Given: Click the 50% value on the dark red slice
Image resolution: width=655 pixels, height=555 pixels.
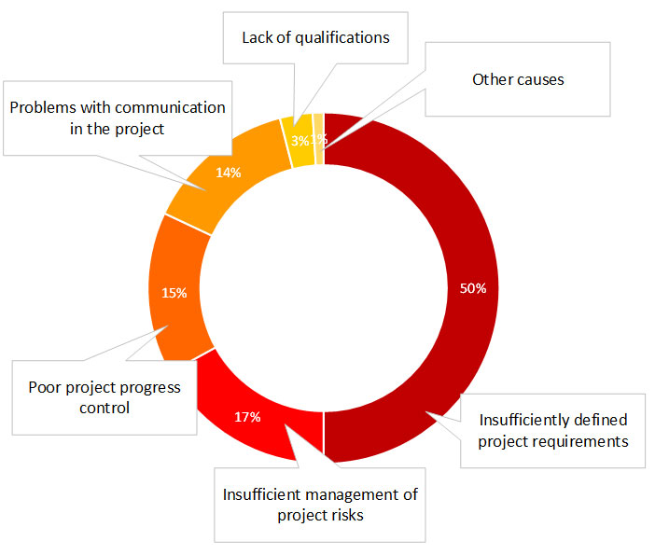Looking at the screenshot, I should click(473, 288).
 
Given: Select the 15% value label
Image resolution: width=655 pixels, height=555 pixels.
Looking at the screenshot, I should click(174, 293).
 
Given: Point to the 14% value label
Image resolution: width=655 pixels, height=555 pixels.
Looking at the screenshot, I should click(229, 173).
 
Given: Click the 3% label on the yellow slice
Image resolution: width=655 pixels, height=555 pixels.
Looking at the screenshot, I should click(300, 141).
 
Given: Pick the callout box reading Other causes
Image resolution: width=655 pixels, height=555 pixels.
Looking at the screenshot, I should click(518, 79).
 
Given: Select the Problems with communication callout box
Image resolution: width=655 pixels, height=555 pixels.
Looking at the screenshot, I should click(117, 118).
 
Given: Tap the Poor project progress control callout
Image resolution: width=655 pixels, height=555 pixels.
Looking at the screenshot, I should click(104, 396).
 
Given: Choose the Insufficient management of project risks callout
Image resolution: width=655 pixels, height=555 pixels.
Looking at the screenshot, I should click(320, 504).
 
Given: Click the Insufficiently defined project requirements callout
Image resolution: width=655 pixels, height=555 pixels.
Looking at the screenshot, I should click(553, 430).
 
